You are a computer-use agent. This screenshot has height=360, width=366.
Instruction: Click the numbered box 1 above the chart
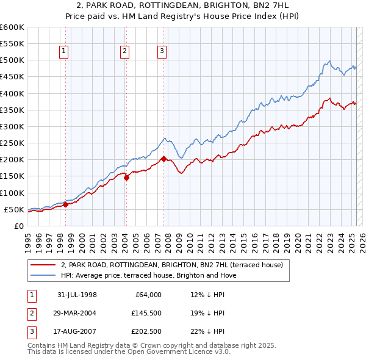click(x=64, y=52)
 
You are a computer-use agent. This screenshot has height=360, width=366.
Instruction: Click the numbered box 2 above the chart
click(x=124, y=52)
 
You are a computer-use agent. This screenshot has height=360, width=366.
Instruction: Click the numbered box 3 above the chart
click(x=162, y=52)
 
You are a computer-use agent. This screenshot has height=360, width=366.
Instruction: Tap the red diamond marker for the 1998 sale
click(x=66, y=205)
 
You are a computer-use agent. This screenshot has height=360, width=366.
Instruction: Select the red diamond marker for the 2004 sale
click(x=126, y=178)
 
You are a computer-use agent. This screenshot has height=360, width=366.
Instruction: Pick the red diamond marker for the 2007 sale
click(x=163, y=159)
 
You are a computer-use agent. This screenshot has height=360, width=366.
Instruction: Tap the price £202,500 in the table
click(x=145, y=331)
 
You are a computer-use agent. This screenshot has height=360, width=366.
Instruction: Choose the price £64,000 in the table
click(x=148, y=295)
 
